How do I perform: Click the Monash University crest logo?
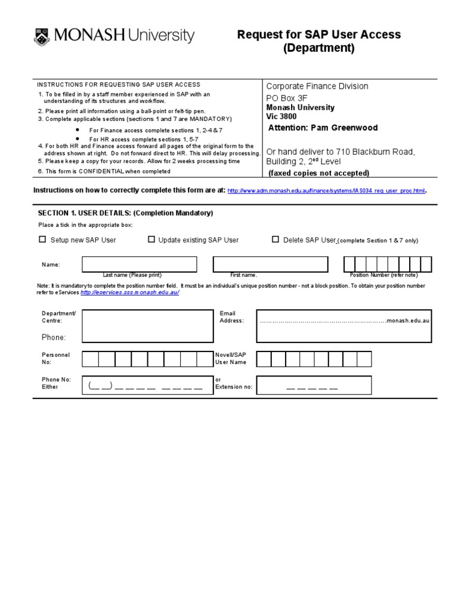(42, 36)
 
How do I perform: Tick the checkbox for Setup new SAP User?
(42, 239)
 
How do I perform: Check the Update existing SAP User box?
(151, 239)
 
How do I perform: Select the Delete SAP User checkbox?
(275, 239)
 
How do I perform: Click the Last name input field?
(139, 264)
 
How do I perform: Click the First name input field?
(270, 264)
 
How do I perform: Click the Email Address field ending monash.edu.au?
(344, 326)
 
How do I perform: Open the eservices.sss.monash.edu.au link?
(129, 292)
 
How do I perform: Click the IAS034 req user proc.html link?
(327, 191)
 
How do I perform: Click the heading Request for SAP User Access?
(319, 35)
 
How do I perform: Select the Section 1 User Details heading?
(125, 213)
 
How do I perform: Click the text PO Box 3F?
(287, 98)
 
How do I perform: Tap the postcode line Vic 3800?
(281, 117)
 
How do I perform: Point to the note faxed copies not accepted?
(318, 173)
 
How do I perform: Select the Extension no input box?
(312, 385)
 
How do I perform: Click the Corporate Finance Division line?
(317, 86)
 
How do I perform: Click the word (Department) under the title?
(318, 48)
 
